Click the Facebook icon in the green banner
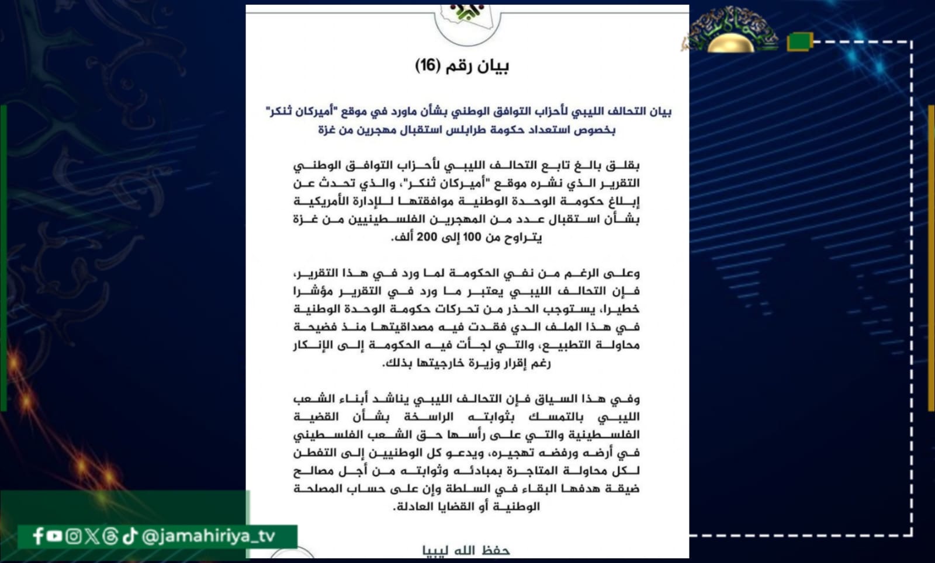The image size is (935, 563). click(x=39, y=536)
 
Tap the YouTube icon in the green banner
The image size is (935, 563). click(x=54, y=536)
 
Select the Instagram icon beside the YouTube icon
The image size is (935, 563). click(x=73, y=536)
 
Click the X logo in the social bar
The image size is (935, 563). click(x=92, y=536)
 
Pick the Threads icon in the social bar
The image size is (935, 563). click(x=110, y=536)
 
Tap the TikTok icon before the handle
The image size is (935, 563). click(x=130, y=536)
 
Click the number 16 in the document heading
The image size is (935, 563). click(x=427, y=65)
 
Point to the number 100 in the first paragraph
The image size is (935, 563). click(x=472, y=237)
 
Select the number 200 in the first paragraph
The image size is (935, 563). click(x=428, y=237)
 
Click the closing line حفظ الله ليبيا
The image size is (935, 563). click(x=466, y=550)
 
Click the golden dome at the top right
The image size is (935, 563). click(x=730, y=43)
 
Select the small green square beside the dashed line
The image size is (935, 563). click(x=799, y=41)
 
